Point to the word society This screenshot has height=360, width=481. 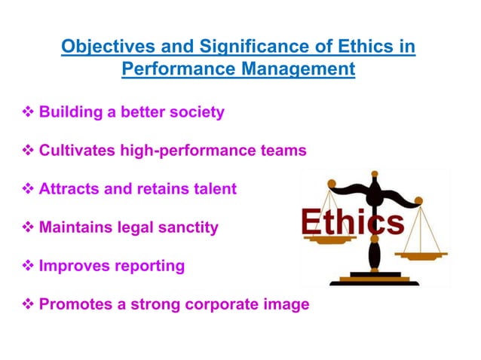[x=197, y=112]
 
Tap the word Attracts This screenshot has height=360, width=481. [x=70, y=188]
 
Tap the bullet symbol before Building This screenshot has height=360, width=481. [x=27, y=113]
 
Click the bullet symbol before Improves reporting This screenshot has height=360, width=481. [x=27, y=266]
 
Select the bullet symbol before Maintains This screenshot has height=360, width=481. [x=27, y=227]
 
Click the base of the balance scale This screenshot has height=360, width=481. [x=375, y=280]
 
